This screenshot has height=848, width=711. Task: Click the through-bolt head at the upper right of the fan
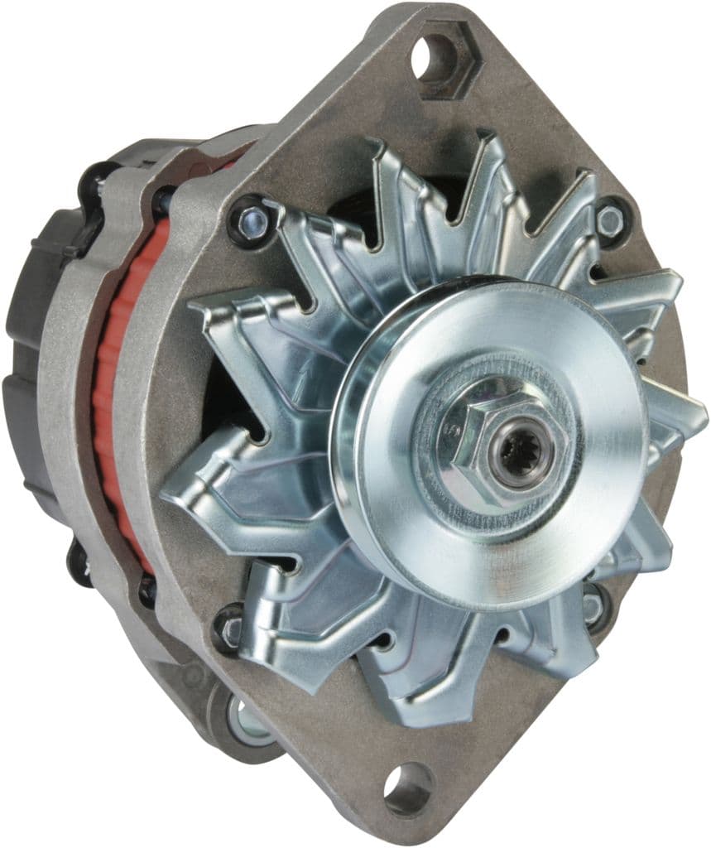pos(610,220)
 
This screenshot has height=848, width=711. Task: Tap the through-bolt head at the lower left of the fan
pos(229,627)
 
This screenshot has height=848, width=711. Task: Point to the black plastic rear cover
pos(33,331)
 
